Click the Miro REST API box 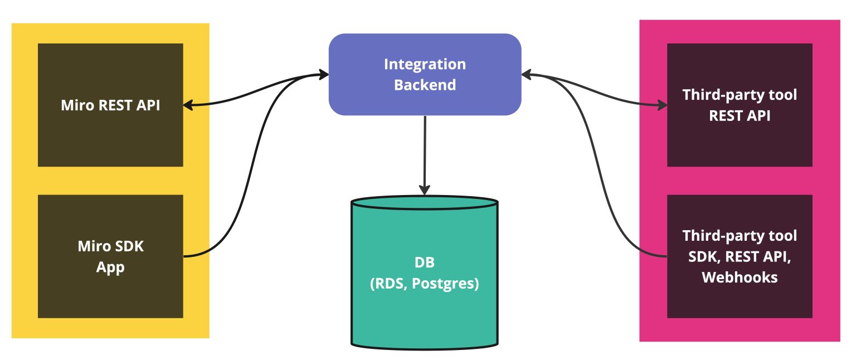(x=110, y=105)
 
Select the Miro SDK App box (x=110, y=256)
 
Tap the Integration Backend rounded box (x=425, y=74)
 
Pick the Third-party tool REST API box (x=740, y=105)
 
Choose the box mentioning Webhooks (x=740, y=256)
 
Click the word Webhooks (x=740, y=277)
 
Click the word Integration (x=425, y=64)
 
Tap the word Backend (x=425, y=85)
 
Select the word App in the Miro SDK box (x=110, y=267)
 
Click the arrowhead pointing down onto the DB (x=425, y=189)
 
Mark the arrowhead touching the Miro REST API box (x=188, y=104)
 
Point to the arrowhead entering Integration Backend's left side (x=324, y=74)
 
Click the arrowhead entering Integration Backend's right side (x=526, y=74)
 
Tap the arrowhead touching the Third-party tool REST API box (x=662, y=104)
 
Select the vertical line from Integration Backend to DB (x=425, y=150)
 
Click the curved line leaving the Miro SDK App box (x=240, y=184)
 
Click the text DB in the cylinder (x=424, y=262)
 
